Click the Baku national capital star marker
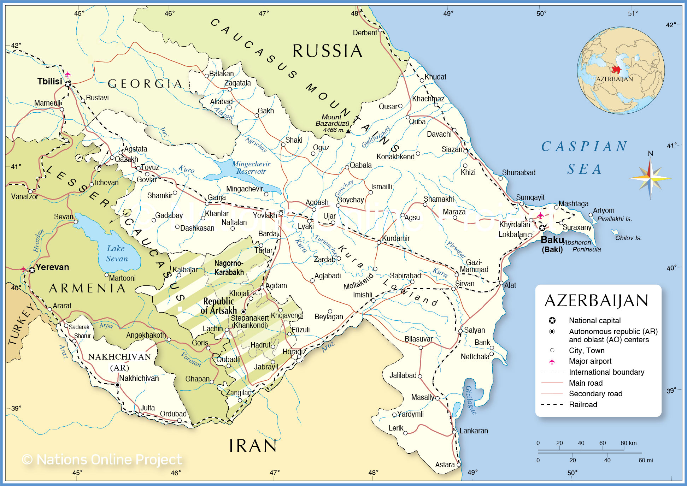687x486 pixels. (x=542, y=228)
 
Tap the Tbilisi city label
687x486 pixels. (x=49, y=82)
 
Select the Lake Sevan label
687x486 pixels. (x=116, y=254)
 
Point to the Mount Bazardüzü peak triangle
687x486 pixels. (x=348, y=131)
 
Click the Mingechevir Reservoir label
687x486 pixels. (x=251, y=168)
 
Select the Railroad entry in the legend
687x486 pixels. (x=583, y=405)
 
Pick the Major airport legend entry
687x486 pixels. (x=590, y=361)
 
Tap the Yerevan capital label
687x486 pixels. (x=52, y=267)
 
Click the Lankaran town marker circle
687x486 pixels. (x=454, y=432)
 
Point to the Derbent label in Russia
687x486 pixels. (x=365, y=33)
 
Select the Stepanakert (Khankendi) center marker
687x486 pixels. (x=243, y=312)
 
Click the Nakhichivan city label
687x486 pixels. (x=139, y=379)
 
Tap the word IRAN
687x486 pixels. (x=253, y=446)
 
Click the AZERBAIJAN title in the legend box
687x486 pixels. (x=596, y=301)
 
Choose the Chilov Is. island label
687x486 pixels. (x=628, y=238)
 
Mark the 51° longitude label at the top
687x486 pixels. (x=633, y=13)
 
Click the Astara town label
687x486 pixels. (x=445, y=465)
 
